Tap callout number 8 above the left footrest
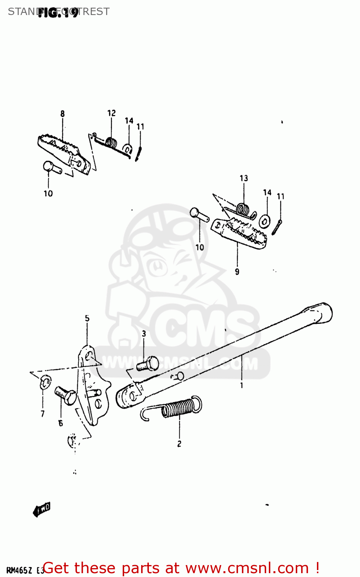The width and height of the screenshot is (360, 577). (x=62, y=113)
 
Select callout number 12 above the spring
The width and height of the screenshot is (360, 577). (x=111, y=113)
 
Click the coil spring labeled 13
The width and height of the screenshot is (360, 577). (x=242, y=209)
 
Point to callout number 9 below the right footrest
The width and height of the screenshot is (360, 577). (x=237, y=272)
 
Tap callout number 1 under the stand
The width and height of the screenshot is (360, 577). (x=242, y=385)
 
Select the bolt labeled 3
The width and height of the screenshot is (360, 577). (x=148, y=364)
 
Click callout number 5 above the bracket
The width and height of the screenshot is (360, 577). (x=87, y=319)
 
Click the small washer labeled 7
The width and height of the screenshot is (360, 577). (x=45, y=382)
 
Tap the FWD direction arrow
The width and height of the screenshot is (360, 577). (x=42, y=510)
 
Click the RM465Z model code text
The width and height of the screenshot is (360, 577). (x=18, y=570)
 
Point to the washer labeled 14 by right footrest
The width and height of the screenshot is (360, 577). (x=265, y=221)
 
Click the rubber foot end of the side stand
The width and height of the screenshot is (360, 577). (x=321, y=312)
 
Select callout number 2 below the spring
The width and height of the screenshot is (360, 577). (x=179, y=444)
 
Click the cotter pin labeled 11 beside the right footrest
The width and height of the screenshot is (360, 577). (x=277, y=227)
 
